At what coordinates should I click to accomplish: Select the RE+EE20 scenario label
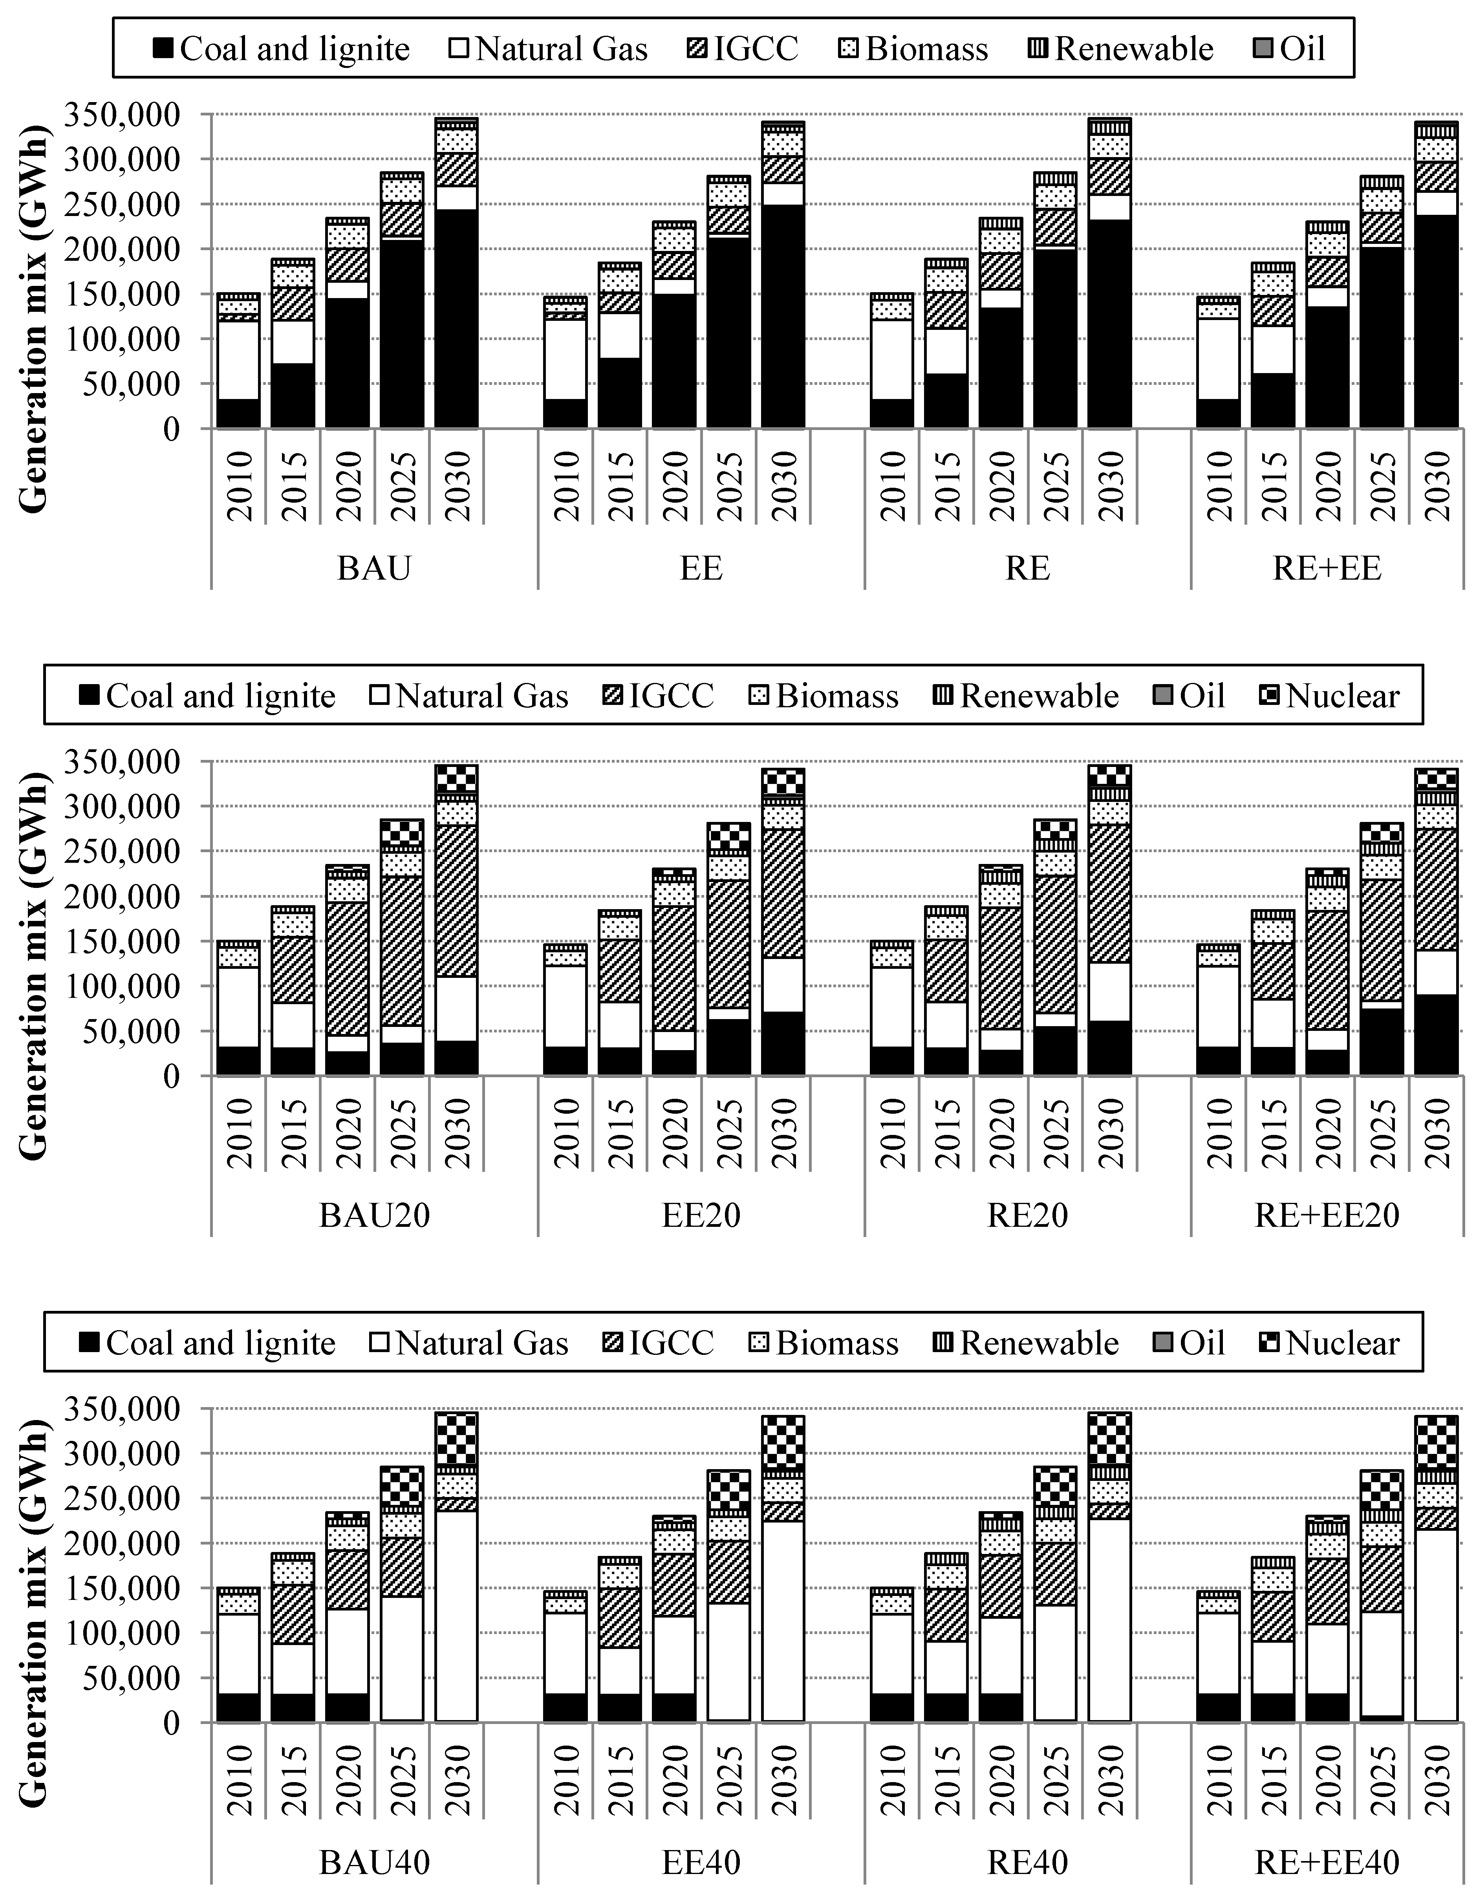pos(1327,1215)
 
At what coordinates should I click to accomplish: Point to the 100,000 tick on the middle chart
pos(130,986)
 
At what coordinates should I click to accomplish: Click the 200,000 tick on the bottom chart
pos(130,1543)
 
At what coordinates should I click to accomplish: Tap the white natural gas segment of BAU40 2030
pos(456,1615)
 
